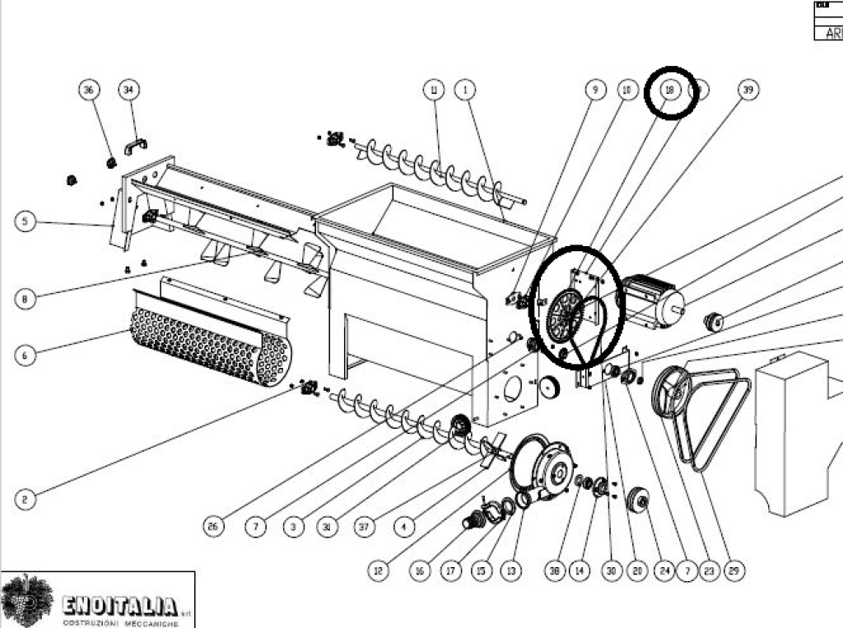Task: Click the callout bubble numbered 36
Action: (x=90, y=89)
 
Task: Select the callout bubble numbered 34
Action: (x=128, y=89)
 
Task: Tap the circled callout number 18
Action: (x=669, y=90)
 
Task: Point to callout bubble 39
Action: (x=748, y=89)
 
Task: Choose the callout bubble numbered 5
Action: (x=25, y=221)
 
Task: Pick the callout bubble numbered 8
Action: (x=25, y=300)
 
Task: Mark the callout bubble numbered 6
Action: (x=25, y=355)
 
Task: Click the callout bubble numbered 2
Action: (x=25, y=499)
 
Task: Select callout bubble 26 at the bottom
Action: (x=214, y=527)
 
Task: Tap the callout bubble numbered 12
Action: (x=378, y=570)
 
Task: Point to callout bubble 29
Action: (x=735, y=570)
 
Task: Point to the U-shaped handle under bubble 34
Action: (x=135, y=147)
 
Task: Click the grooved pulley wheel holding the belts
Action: (x=672, y=393)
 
